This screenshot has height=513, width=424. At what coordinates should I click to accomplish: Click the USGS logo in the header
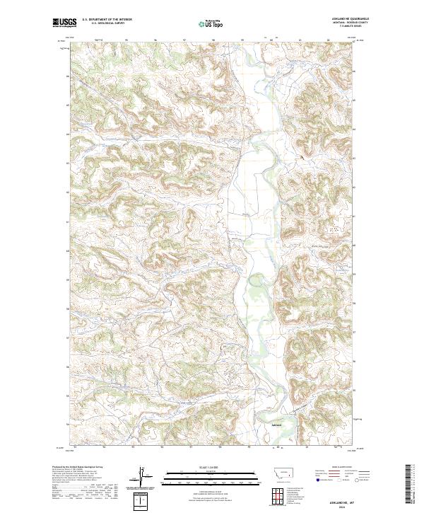[x=64, y=23]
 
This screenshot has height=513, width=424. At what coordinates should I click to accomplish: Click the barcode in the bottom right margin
[x=408, y=484]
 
